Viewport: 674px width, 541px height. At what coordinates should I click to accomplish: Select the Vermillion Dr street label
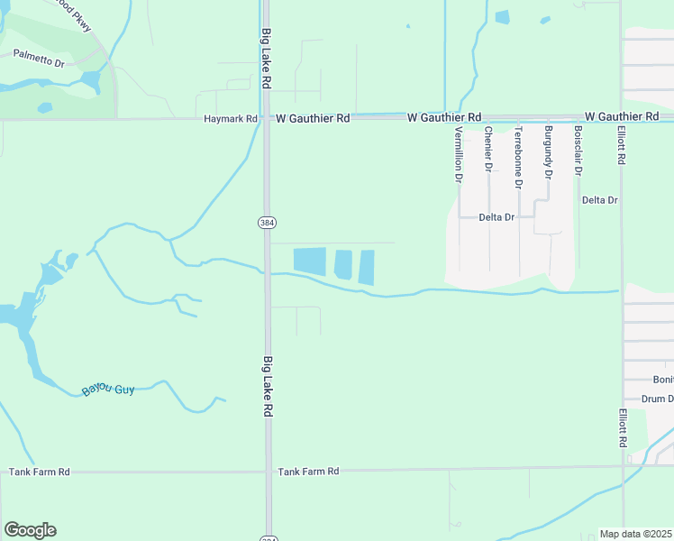click(459, 154)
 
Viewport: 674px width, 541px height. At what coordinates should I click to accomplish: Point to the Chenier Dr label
click(488, 149)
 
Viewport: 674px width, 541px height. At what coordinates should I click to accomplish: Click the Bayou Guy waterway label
click(108, 390)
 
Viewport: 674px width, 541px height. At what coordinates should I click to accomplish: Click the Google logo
click(30, 530)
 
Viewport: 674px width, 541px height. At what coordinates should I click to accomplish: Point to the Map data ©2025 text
click(636, 534)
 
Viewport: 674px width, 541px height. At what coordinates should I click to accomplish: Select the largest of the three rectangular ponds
click(311, 261)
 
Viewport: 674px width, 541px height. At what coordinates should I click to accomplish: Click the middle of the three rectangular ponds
click(343, 264)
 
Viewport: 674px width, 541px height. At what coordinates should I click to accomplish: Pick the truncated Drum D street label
click(658, 399)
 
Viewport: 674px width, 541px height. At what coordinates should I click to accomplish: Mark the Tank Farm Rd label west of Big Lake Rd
click(39, 472)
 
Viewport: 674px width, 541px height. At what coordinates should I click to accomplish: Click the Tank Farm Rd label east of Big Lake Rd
click(308, 472)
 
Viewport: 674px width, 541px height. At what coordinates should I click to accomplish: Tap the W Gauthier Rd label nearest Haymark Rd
click(313, 118)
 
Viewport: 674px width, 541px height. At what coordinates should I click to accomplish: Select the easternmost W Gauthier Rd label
click(622, 117)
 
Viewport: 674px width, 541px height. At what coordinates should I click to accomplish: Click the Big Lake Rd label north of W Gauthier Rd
click(267, 58)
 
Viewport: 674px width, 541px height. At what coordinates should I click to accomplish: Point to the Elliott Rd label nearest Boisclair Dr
click(622, 144)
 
